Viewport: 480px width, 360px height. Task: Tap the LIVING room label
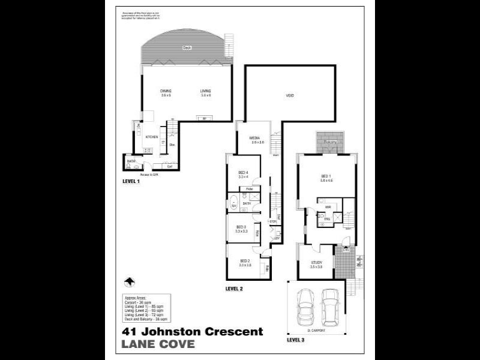click(206, 91)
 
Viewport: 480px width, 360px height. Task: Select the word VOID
click(290, 95)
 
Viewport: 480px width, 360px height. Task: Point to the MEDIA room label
click(257, 139)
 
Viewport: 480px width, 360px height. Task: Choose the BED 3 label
click(241, 227)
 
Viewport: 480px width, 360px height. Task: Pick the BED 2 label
click(244, 262)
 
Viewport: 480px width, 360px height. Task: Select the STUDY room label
click(317, 263)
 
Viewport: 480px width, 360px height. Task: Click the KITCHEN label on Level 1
click(151, 137)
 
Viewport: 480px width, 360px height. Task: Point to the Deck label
click(187, 47)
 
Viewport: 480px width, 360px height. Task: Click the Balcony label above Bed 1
click(330, 142)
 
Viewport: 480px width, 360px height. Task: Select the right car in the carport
click(330, 307)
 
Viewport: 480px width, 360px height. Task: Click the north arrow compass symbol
click(128, 282)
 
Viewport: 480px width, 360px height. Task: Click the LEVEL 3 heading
click(296, 340)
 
